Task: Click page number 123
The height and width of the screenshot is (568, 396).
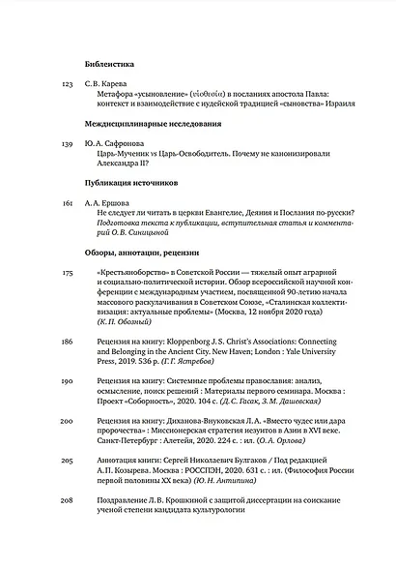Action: pos(67,85)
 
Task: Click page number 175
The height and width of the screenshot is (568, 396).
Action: pos(67,274)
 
